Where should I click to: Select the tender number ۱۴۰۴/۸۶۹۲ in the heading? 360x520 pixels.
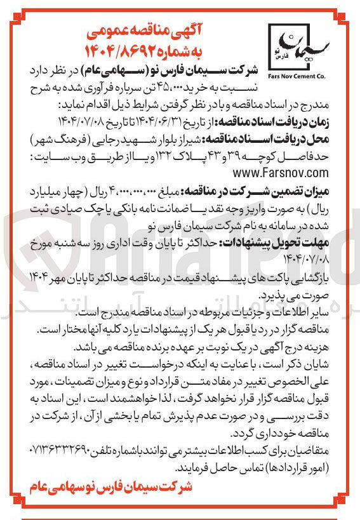[x=124, y=48]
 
